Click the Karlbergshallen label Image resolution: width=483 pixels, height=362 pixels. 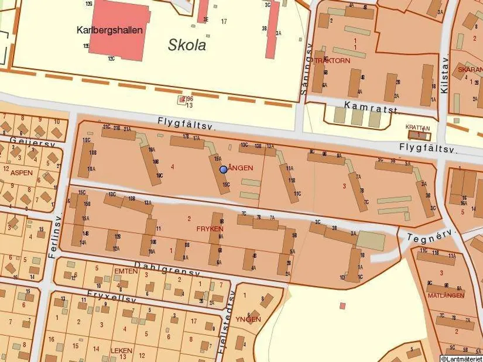click(x=109, y=30)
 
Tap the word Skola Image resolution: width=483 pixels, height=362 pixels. click(x=187, y=44)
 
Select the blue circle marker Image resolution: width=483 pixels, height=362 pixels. click(x=223, y=169)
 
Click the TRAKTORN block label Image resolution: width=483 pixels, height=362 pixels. click(x=333, y=60)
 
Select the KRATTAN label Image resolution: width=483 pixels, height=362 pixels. click(x=418, y=128)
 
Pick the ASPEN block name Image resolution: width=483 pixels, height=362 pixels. click(x=22, y=173)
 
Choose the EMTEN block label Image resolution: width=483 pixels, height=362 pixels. click(x=126, y=271)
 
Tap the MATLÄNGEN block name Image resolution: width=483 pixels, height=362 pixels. click(x=446, y=295)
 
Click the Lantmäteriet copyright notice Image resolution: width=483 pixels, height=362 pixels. click(x=461, y=358)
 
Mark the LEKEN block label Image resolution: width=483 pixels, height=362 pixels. click(x=121, y=351)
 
